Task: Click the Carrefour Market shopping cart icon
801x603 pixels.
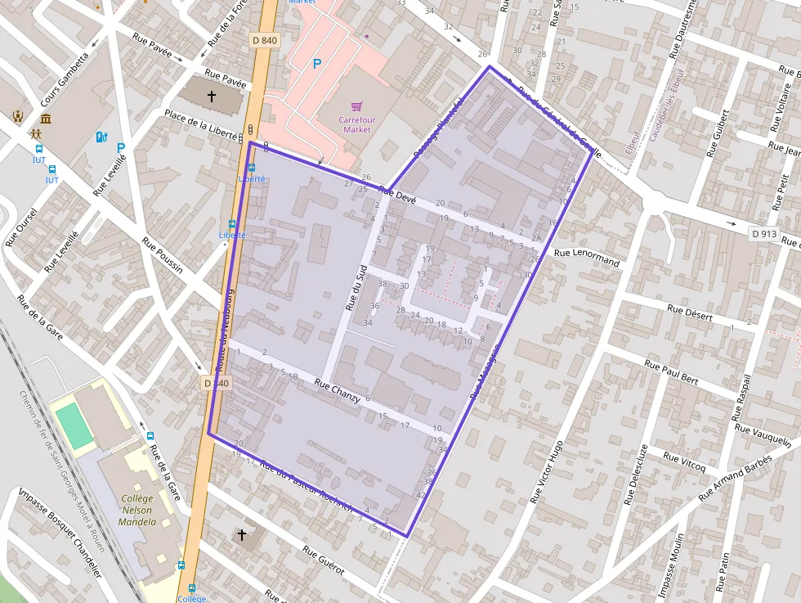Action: click(356, 107)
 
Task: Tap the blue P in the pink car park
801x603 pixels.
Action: click(317, 63)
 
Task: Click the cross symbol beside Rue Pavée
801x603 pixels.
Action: click(212, 97)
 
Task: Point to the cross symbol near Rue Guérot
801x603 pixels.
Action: click(241, 535)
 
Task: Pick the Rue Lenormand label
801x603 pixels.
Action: click(587, 257)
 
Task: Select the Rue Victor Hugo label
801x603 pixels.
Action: click(546, 472)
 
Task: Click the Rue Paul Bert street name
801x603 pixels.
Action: click(671, 372)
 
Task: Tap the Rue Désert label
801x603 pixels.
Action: click(690, 313)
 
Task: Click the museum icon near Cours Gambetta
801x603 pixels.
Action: click(45, 120)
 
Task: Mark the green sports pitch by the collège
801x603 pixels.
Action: click(75, 425)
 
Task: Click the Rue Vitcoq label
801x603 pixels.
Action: click(684, 461)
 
